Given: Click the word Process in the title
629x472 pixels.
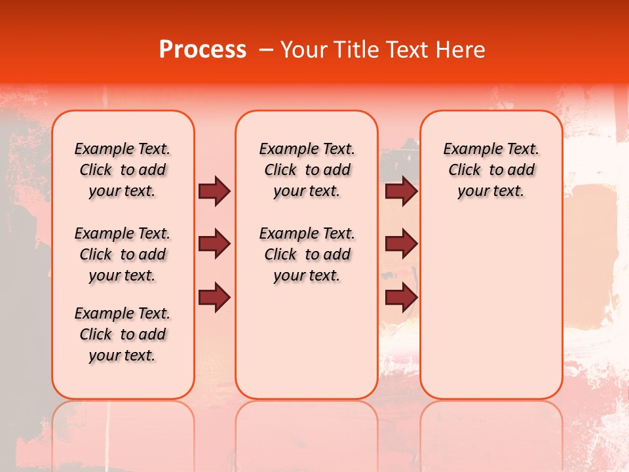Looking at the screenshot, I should [202, 50].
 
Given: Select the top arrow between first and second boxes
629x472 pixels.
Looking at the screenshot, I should [214, 191].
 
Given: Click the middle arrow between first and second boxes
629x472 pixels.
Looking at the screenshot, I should [214, 244].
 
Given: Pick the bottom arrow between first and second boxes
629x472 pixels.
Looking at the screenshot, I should [214, 298].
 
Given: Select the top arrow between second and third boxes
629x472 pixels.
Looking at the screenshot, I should [401, 191].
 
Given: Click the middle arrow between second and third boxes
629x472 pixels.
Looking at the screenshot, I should [401, 244].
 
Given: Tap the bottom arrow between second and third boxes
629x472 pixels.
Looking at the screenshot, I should [401, 298].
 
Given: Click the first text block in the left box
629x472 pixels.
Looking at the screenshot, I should [123, 170].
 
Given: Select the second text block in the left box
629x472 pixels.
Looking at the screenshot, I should [123, 254].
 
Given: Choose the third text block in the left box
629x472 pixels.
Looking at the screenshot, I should [123, 334].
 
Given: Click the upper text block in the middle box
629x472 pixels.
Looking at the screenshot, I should [307, 170].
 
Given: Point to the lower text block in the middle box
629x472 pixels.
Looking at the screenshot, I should [307, 254].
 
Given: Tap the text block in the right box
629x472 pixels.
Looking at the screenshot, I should [491, 170].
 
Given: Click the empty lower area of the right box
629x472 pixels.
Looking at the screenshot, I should [491, 308].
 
